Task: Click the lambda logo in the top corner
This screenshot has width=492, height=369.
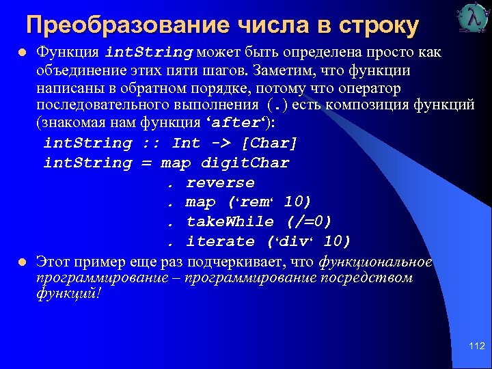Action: click(x=471, y=18)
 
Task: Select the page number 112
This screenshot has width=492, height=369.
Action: click(x=477, y=346)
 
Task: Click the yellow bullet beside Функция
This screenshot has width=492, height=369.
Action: click(x=23, y=52)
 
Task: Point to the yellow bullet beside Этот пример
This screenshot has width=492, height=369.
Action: click(x=23, y=262)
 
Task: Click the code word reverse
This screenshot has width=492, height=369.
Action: click(x=220, y=182)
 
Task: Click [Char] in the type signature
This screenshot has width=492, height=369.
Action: click(x=269, y=143)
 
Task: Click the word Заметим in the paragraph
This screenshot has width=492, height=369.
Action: click(x=280, y=70)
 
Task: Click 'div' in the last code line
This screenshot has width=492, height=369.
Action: click(x=293, y=241)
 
